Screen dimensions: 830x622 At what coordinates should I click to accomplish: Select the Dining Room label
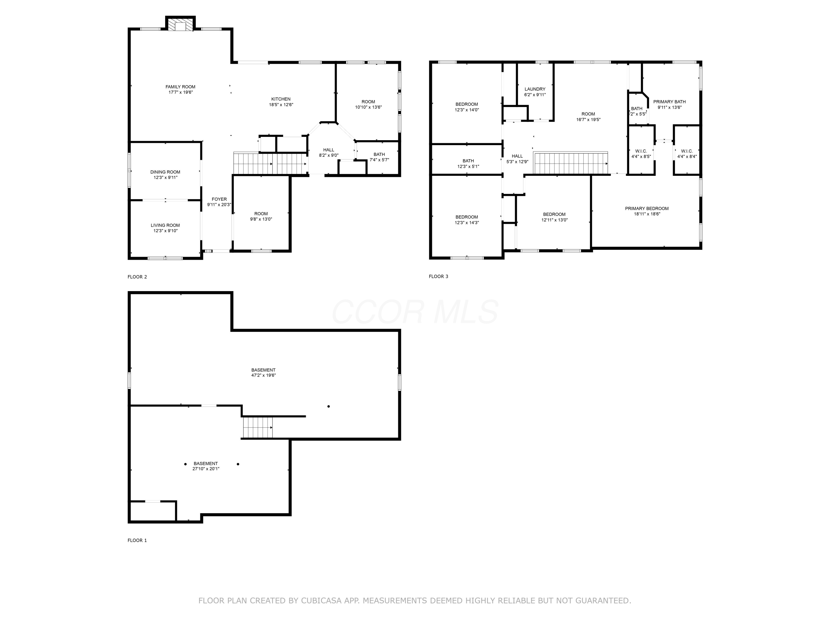(165, 172)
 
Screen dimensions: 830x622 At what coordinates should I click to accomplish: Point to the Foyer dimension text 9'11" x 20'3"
(219, 205)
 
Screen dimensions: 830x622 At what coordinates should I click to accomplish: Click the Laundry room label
(535, 89)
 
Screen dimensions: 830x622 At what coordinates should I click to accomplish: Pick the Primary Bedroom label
(647, 208)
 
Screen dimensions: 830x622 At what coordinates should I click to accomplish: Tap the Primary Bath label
(670, 102)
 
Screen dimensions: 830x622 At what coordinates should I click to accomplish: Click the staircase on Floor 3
(571, 163)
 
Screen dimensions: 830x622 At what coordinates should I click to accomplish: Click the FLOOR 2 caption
(137, 277)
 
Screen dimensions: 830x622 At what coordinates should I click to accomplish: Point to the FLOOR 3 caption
(438, 276)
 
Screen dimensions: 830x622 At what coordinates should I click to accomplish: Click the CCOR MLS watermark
(415, 312)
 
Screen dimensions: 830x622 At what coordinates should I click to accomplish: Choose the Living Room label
(165, 225)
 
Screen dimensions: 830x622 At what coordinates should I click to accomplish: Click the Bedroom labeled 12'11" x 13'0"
(554, 215)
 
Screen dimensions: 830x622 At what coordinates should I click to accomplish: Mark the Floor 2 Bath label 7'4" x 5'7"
(379, 155)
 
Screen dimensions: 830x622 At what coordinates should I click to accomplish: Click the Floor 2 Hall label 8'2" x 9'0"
(328, 150)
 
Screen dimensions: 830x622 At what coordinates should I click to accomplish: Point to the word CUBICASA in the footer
(321, 601)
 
